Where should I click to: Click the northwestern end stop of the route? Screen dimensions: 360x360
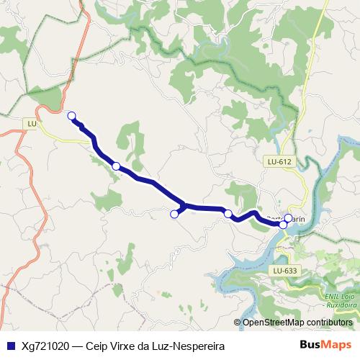click(71, 115)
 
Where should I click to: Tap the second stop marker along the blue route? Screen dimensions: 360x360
click(116, 166)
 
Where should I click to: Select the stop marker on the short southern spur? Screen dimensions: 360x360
click(174, 213)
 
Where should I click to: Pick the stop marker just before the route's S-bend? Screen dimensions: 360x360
click(228, 213)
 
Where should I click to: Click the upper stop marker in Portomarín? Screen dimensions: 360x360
click(288, 218)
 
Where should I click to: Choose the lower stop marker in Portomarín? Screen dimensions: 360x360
click(283, 225)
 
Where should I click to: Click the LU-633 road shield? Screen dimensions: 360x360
click(285, 270)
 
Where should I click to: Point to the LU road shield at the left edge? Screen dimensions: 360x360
click(32, 124)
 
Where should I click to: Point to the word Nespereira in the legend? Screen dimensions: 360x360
click(196, 346)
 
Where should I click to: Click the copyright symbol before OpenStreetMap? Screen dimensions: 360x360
click(238, 322)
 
